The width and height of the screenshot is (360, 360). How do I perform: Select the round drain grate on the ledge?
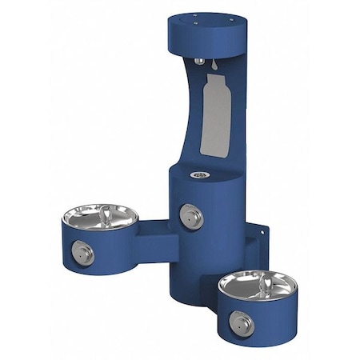coord(196,173)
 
